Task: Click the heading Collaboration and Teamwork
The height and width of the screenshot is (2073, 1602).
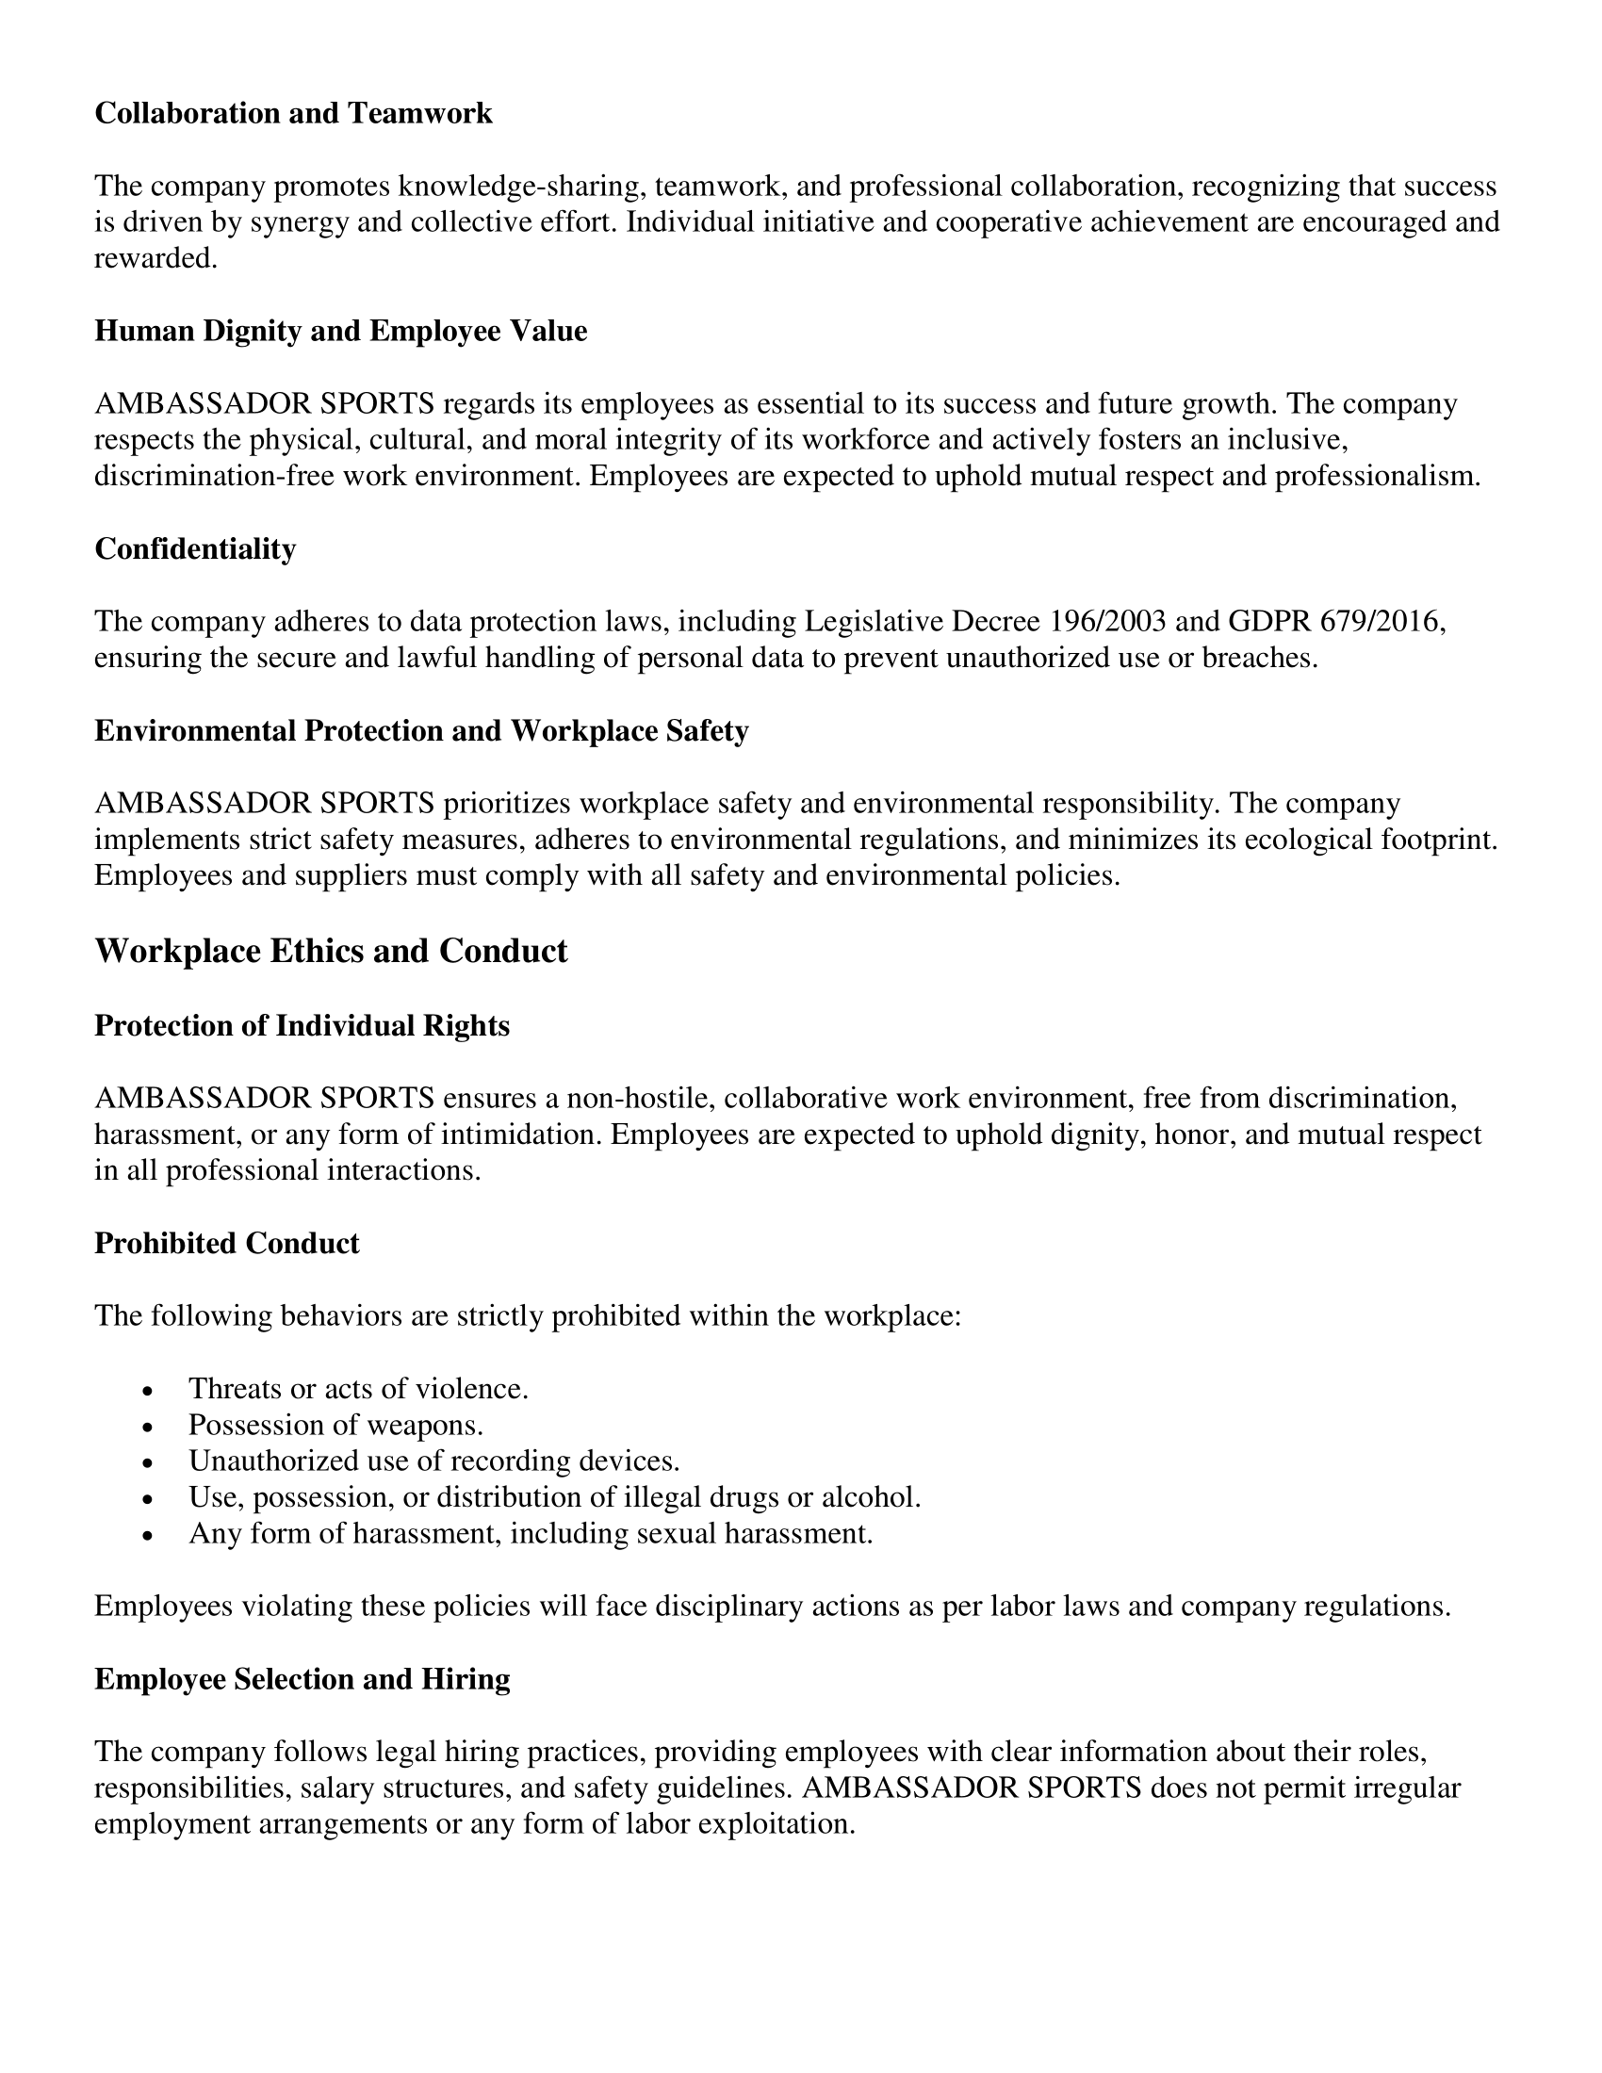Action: pyautogui.click(x=293, y=113)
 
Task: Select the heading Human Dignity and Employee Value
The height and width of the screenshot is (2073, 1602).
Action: pyautogui.click(x=341, y=331)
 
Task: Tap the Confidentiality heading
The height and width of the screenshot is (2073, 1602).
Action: pyautogui.click(x=194, y=548)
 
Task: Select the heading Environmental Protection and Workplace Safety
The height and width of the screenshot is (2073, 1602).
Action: pyautogui.click(x=421, y=730)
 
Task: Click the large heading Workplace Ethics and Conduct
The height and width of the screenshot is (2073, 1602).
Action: pyautogui.click(x=330, y=951)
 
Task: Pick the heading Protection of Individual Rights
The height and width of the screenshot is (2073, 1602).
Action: pyautogui.click(x=302, y=1025)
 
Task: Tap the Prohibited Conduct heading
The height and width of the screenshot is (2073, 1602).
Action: pyautogui.click(x=227, y=1243)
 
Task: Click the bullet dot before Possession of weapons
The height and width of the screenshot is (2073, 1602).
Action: pyautogui.click(x=146, y=1427)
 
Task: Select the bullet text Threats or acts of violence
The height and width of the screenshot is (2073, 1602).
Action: pyautogui.click(x=358, y=1389)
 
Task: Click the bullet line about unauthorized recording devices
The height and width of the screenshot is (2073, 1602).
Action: pyautogui.click(x=433, y=1461)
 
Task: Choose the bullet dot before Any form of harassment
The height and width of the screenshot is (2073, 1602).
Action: pyautogui.click(x=146, y=1535)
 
